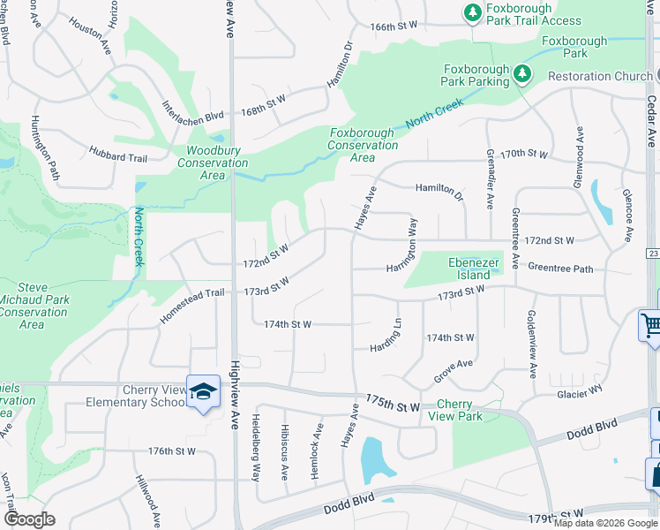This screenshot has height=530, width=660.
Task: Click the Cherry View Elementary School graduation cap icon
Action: (x=203, y=390)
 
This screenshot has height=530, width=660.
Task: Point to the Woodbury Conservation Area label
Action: (x=213, y=163)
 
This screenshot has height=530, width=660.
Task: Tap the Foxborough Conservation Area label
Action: (x=363, y=145)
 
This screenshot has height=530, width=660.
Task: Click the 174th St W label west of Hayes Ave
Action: (x=288, y=324)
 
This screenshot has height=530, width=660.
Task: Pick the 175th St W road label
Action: (x=394, y=405)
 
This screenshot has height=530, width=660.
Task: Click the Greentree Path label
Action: (x=560, y=267)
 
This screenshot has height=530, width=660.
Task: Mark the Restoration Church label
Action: (x=599, y=76)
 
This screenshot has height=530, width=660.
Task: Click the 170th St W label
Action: (x=523, y=155)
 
